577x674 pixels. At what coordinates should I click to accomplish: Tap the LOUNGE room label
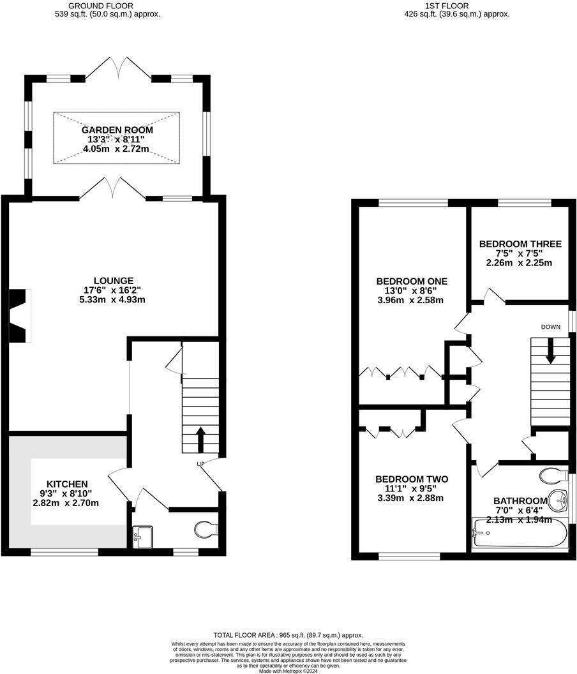point(113,280)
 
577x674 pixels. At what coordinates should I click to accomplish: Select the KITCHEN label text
point(67,484)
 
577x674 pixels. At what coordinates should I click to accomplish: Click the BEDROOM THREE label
point(520,244)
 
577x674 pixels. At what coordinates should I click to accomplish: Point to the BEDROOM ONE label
point(412,281)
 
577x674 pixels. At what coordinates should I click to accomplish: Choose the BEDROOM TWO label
point(412,479)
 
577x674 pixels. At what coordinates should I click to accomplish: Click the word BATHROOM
point(520,501)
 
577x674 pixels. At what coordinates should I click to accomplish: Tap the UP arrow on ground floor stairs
point(200,439)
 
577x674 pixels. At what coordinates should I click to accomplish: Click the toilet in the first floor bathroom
point(553,476)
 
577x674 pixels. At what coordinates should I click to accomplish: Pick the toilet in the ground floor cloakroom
point(206,529)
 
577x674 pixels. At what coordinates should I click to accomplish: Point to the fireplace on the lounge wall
point(19,315)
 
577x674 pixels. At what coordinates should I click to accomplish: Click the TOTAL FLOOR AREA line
point(288,635)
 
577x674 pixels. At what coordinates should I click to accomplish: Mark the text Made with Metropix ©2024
point(288,670)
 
